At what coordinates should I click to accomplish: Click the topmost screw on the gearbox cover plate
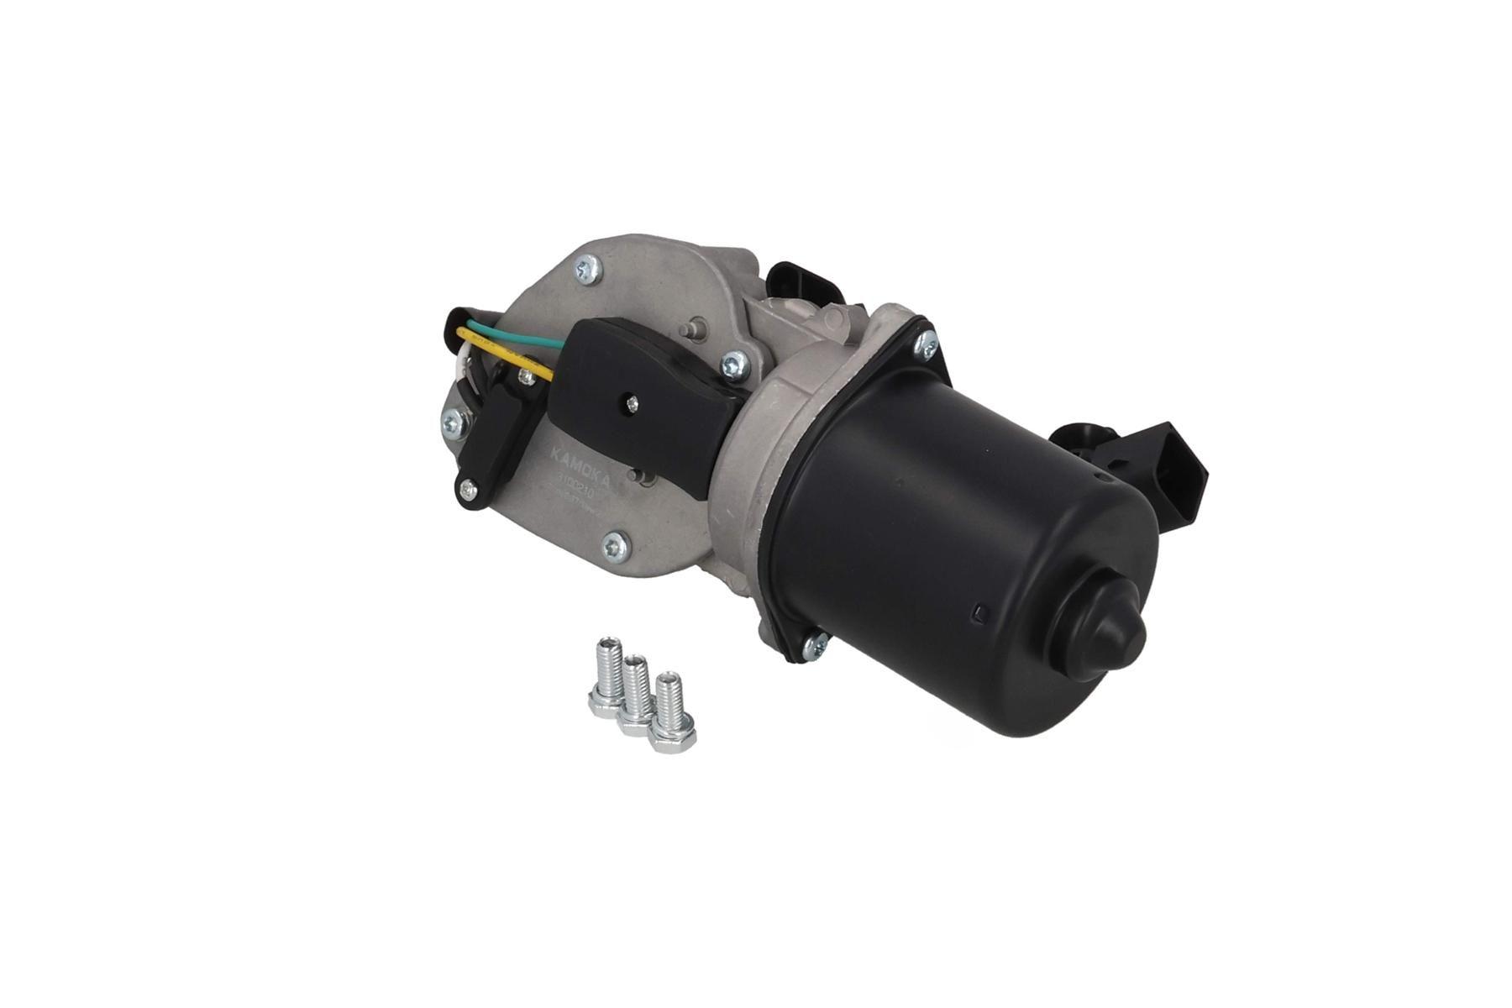click(586, 269)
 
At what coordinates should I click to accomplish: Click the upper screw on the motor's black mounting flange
click(927, 343)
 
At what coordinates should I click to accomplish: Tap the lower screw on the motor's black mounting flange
click(813, 644)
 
